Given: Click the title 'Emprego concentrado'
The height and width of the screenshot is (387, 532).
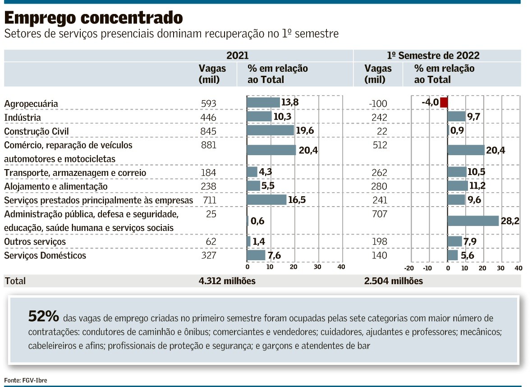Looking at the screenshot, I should pos(94,18).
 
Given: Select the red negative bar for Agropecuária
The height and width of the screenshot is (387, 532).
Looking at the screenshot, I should pos(444,102).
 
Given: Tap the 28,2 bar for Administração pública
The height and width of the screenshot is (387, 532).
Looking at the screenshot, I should pos(473,221).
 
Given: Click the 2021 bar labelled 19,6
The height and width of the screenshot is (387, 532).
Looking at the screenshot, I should pos(270,130).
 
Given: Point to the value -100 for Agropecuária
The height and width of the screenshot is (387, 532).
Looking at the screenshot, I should pos(378,104).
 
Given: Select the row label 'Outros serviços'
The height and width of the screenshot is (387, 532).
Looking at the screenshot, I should pos(35,242).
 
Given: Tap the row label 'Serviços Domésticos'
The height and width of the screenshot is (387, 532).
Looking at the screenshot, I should pos(45,256).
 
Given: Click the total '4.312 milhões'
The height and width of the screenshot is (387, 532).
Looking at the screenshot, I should pos(227,281).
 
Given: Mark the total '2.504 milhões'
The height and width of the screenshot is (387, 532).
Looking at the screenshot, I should pos(394,281).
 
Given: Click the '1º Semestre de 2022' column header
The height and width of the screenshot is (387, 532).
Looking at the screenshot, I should pos(433,56).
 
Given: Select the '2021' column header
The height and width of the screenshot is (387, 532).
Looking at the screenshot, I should pos(237,56).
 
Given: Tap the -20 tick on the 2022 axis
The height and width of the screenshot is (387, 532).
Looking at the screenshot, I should pos(409,268).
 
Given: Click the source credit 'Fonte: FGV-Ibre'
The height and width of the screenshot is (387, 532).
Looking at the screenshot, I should pos(26,380).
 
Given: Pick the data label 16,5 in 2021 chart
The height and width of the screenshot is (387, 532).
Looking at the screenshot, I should pos(297,200).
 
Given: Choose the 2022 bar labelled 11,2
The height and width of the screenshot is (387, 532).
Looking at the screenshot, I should pos(457,186).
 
